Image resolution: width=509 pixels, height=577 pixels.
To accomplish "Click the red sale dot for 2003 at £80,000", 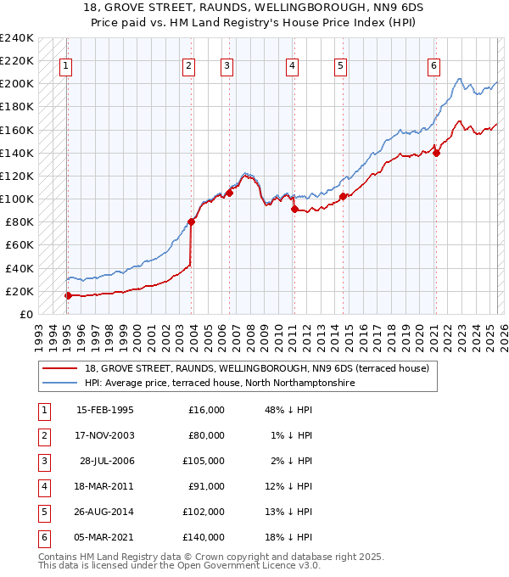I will point(191,221).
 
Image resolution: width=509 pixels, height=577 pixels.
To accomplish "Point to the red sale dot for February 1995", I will point(68,295).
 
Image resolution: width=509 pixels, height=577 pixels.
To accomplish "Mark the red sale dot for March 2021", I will point(436,153).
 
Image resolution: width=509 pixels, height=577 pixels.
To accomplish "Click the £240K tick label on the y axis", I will point(17,38).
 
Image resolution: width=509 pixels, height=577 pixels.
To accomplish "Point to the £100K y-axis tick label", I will point(17,199).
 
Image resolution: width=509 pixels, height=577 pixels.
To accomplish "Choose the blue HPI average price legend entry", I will point(218,383).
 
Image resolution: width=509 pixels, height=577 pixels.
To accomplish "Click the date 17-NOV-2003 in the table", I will point(105,435).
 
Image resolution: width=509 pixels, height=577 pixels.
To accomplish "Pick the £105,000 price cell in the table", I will point(206,461).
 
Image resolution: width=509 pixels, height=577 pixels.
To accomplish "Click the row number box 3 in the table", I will point(43,461).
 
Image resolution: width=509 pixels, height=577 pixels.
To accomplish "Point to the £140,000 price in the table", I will point(206,537).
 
